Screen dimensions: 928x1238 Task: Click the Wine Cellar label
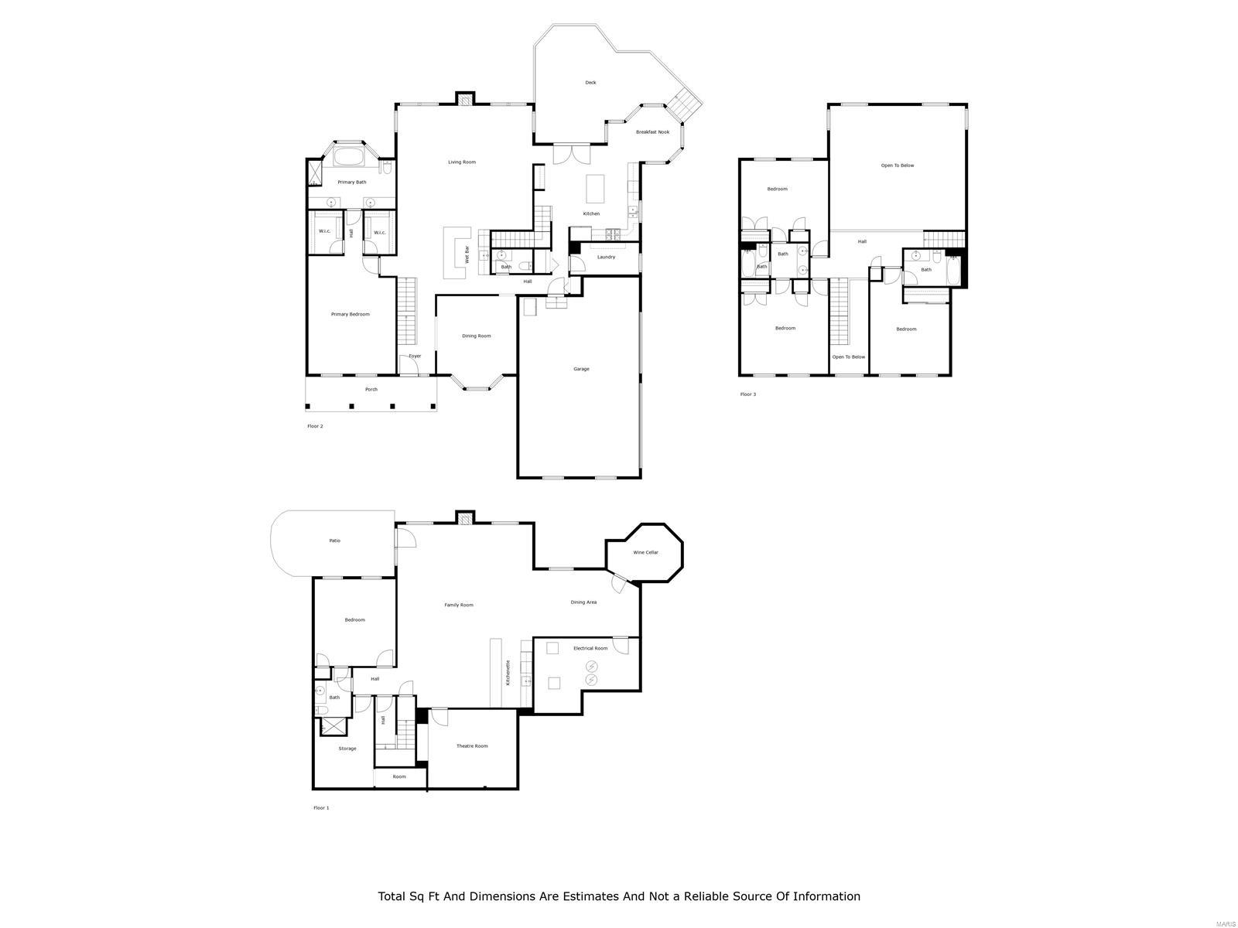point(645,552)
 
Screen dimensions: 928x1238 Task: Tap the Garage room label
point(581,369)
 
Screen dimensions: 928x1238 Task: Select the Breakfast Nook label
point(652,132)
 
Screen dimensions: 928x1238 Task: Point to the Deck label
point(590,83)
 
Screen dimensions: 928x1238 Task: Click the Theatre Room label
point(472,746)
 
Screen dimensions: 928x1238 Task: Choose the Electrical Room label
point(590,648)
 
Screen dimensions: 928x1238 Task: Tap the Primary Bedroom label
point(350,315)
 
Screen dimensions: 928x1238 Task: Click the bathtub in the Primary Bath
point(348,158)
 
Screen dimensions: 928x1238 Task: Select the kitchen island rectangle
point(594,188)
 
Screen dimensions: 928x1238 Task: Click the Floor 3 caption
point(747,394)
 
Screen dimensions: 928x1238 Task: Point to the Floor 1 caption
point(320,807)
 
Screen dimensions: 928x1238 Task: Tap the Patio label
point(334,541)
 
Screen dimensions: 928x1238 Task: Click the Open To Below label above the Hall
point(897,165)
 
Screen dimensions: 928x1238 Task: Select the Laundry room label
point(606,257)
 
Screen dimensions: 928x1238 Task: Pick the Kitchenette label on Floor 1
point(508,673)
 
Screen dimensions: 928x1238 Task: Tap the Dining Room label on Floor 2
point(476,336)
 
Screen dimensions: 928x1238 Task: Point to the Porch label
point(371,390)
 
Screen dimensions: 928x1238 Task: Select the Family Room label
point(458,605)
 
